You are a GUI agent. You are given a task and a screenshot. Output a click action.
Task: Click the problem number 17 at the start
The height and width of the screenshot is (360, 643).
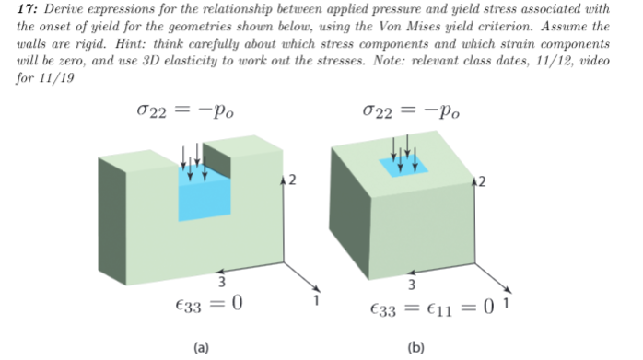pyautogui.click(x=24, y=10)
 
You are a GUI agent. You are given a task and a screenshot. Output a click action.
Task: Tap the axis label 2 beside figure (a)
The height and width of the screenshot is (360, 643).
pyautogui.click(x=291, y=178)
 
